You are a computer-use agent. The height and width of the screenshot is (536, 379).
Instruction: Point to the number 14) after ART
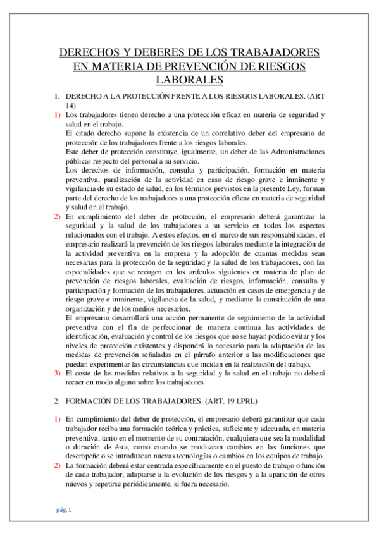click(70, 106)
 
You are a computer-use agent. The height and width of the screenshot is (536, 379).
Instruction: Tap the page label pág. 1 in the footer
click(63, 509)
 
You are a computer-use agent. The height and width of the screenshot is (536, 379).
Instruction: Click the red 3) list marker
click(57, 373)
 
